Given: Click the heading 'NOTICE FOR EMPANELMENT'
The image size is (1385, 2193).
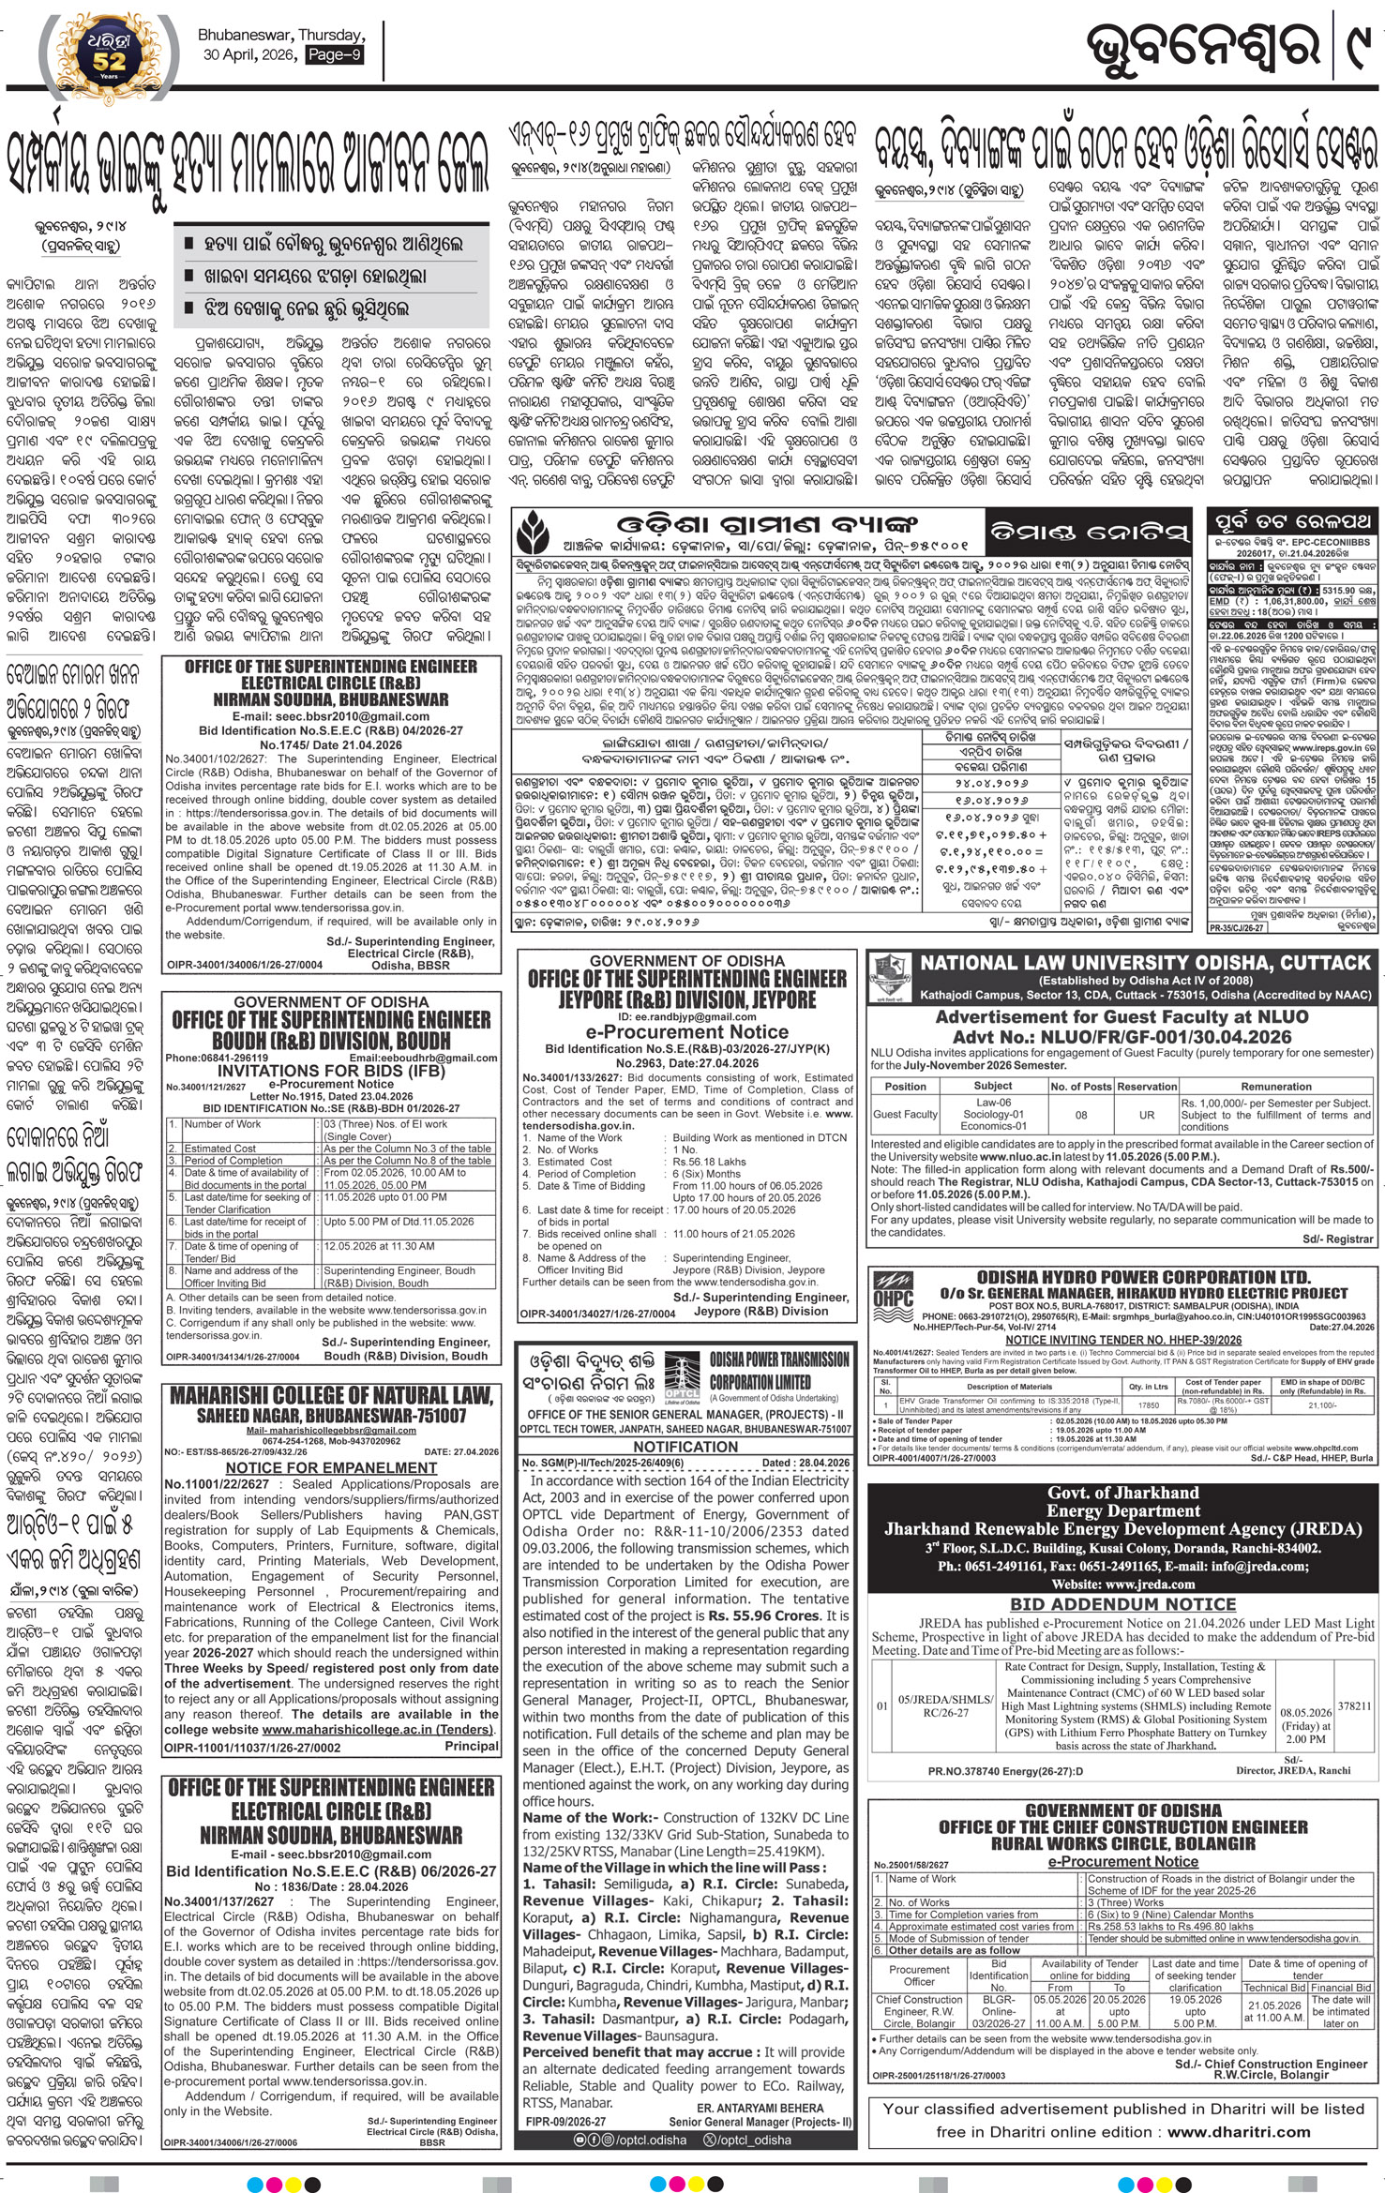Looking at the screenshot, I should click(332, 1467).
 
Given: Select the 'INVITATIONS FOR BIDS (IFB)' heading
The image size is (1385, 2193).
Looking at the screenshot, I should click(331, 1070).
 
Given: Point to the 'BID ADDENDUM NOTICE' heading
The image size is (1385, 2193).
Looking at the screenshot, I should click(1122, 1604).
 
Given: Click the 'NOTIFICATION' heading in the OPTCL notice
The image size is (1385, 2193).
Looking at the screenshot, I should click(685, 1447).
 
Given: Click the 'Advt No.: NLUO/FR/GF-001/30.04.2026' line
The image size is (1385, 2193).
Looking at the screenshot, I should click(1122, 1036).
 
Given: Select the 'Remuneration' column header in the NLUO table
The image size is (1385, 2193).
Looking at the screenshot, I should click(1275, 1086).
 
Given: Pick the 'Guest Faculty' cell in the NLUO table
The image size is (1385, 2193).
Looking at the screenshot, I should click(905, 1115).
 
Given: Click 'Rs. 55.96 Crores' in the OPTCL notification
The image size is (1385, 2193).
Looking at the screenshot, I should click(768, 1615).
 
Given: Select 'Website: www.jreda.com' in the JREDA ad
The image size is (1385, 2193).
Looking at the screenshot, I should click(1122, 1584).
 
